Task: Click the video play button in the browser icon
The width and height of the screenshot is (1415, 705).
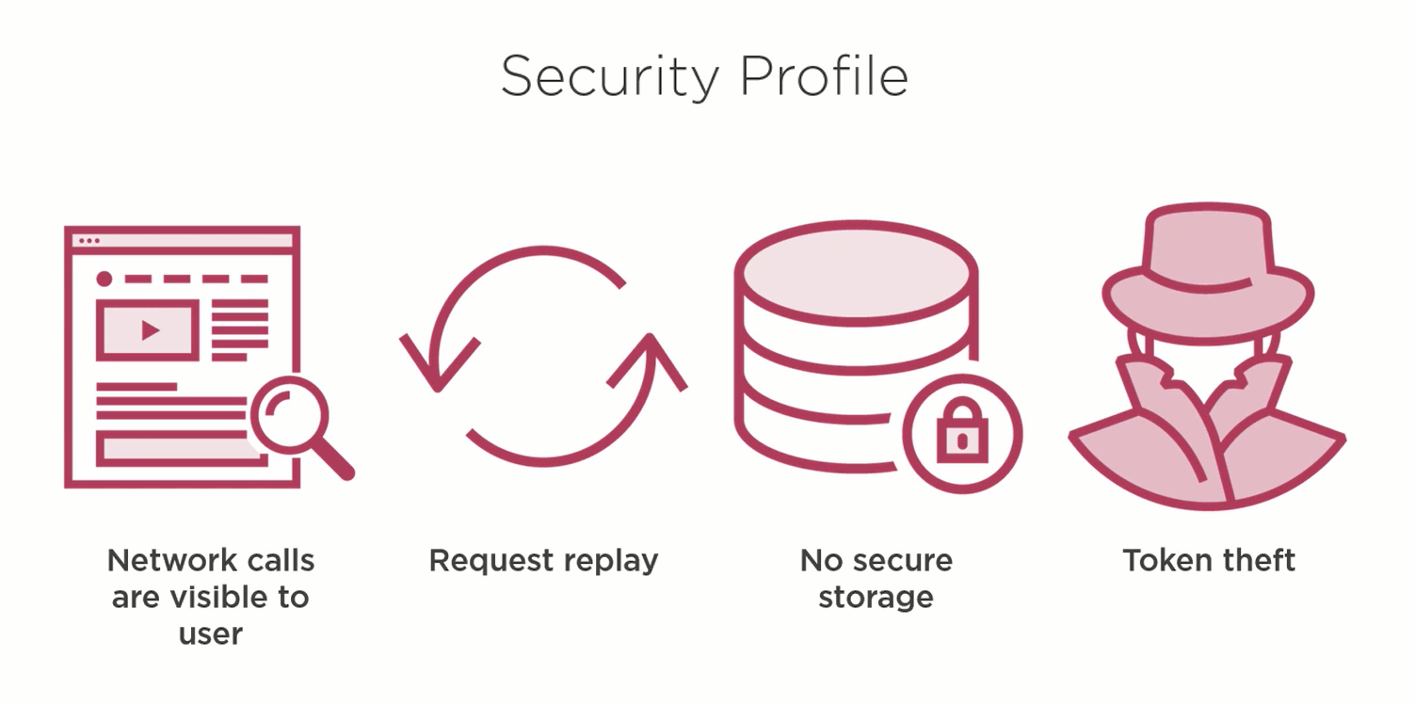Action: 149,329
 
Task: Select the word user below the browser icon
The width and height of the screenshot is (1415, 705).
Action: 211,633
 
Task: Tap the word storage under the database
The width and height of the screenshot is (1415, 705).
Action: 876,598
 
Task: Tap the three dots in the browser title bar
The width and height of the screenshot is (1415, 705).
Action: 88,241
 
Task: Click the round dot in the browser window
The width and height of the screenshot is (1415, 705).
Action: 105,279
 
